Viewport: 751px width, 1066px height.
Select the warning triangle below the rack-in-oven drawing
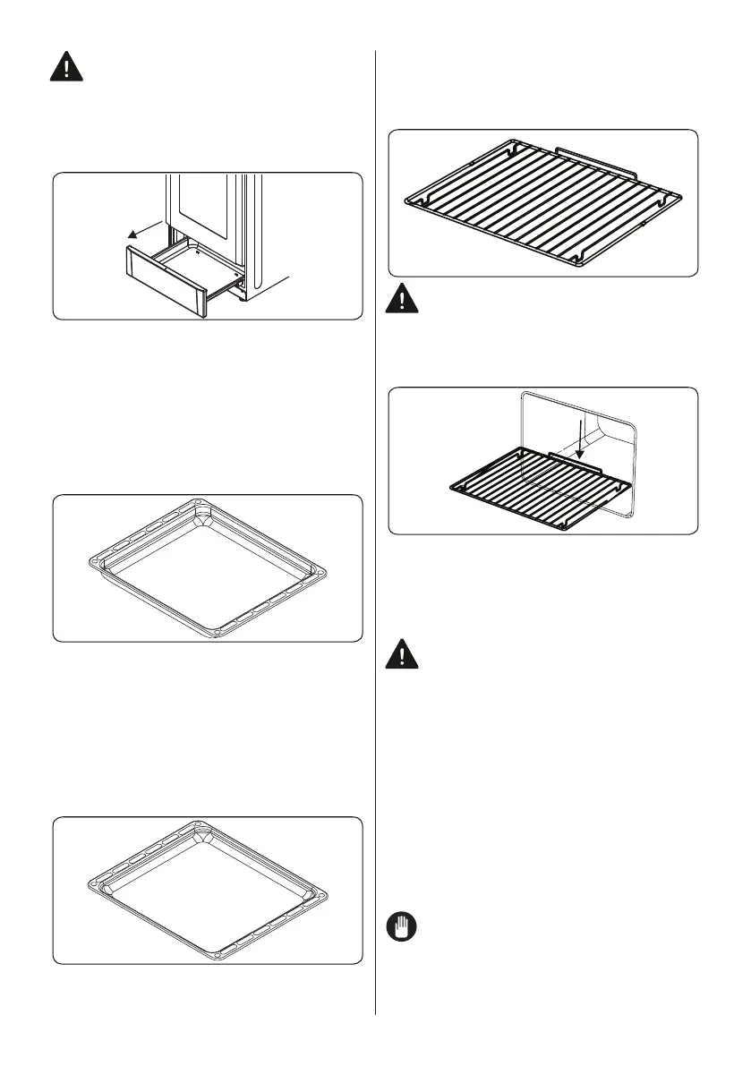pyautogui.click(x=404, y=656)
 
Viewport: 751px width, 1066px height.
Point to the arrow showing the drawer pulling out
pyautogui.click(x=143, y=228)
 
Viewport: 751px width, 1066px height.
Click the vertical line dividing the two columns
pyautogui.click(x=375, y=537)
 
